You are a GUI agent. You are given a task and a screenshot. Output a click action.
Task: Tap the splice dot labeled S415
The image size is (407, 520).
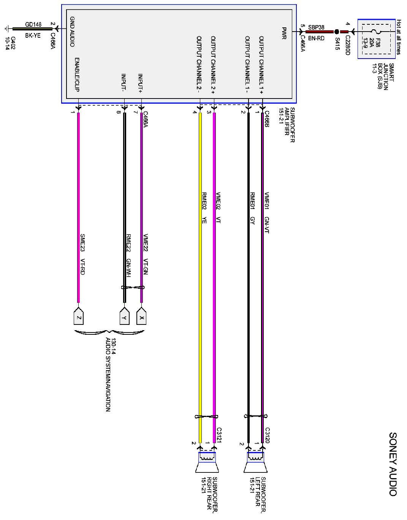point(337,32)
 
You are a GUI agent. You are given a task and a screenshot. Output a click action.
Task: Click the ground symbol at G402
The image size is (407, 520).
point(6,29)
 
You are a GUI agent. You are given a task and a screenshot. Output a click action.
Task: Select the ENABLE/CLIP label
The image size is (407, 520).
point(77,75)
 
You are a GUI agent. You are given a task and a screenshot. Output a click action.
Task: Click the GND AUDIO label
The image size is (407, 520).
point(72,32)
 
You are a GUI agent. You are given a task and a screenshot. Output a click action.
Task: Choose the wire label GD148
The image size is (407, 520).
point(33,24)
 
